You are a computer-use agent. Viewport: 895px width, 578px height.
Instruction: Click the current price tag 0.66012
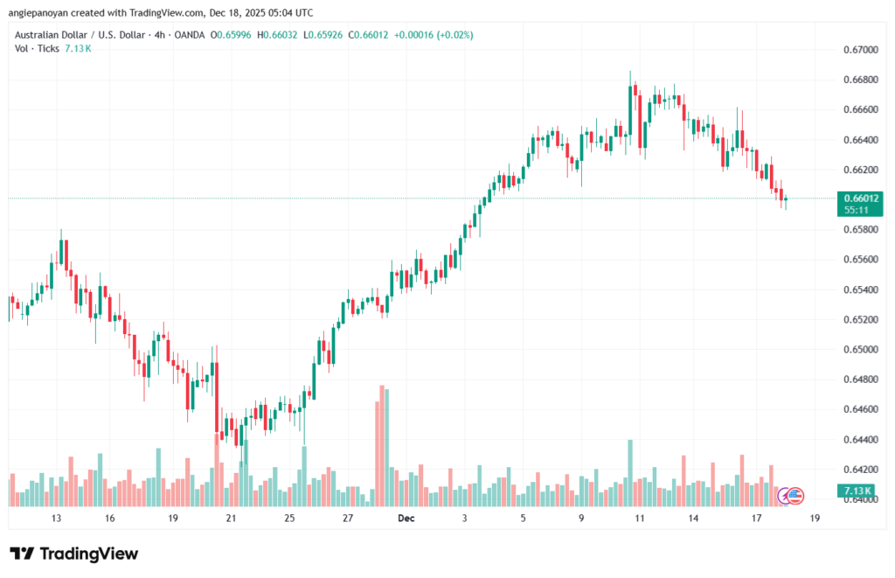(x=861, y=198)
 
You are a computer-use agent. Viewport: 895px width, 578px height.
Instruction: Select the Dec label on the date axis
(x=406, y=519)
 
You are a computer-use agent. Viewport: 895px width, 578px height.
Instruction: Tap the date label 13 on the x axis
(x=57, y=519)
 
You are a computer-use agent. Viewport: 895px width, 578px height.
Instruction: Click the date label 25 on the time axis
(x=289, y=519)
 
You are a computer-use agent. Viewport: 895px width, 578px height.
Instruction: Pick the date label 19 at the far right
(x=815, y=519)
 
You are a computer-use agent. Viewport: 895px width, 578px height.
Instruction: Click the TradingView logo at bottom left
(x=73, y=554)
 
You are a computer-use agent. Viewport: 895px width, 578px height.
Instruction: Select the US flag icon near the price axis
(x=794, y=496)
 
